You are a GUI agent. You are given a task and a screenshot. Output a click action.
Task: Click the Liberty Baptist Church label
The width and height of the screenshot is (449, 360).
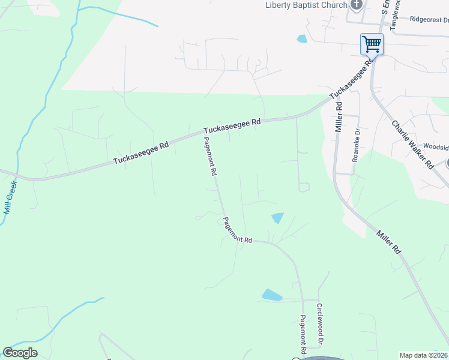click(307, 5)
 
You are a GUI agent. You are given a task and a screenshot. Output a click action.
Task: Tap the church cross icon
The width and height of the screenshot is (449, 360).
click(357, 5)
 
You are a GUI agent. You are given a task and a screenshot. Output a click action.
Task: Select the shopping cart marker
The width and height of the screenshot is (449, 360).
click(372, 44)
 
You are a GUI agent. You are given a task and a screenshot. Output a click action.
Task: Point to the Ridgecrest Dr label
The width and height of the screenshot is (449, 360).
click(429, 19)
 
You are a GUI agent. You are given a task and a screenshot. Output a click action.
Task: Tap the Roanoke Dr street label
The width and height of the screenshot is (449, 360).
click(356, 145)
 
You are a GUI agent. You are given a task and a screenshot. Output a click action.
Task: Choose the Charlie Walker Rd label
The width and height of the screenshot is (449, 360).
click(412, 144)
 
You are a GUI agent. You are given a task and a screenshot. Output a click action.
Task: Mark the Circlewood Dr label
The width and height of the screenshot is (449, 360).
click(321, 332)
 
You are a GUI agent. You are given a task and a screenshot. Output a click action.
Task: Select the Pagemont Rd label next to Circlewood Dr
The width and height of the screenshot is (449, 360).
click(304, 334)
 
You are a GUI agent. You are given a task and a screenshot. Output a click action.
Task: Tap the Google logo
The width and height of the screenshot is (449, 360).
click(20, 353)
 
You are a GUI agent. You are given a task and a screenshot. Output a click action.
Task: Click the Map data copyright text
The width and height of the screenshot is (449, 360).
click(424, 355)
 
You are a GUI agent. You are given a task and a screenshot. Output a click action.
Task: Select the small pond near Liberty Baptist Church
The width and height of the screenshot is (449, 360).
click(301, 39)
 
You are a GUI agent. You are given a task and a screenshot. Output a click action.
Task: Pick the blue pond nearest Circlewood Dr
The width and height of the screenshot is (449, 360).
click(271, 295)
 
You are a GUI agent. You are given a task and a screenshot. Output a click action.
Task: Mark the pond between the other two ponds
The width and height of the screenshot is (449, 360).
click(277, 218)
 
